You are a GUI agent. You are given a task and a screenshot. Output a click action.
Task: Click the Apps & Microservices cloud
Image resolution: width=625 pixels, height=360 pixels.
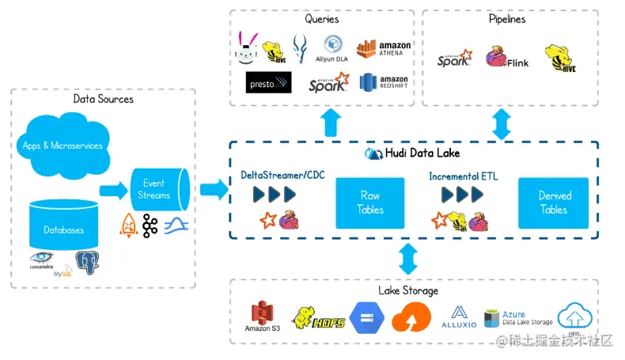tap(63, 145)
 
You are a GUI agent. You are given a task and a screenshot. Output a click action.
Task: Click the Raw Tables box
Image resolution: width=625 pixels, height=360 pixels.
tap(369, 203)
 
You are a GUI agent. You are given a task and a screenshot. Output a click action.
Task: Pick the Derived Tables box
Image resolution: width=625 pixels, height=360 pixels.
tap(554, 203)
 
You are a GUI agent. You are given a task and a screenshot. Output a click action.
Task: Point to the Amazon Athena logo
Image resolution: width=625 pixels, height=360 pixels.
tap(384, 49)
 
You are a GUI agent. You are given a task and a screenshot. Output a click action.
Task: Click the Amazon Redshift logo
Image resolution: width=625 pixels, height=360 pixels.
tap(384, 81)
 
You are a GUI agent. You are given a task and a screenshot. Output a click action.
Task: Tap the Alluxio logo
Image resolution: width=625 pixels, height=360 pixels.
tap(459, 316)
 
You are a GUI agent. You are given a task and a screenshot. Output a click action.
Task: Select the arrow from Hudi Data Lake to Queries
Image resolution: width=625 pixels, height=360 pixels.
tap(332, 123)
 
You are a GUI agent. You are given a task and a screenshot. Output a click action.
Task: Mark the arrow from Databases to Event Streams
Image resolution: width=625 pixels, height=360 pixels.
tap(113, 190)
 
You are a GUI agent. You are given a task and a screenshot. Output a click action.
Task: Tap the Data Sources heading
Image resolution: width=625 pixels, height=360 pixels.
tap(103, 99)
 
